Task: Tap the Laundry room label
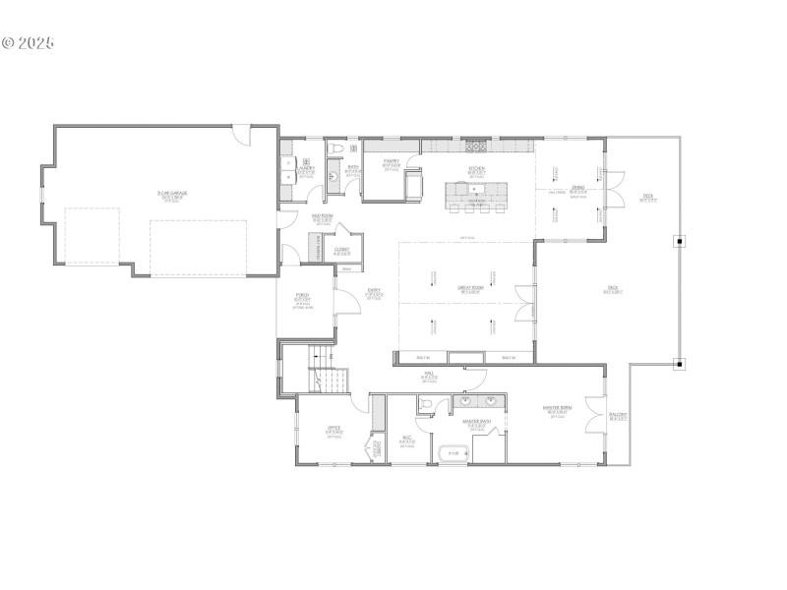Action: pyautogui.click(x=306, y=168)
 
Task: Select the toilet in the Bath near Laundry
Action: pyautogui.click(x=337, y=148)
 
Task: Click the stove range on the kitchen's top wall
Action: pyautogui.click(x=476, y=147)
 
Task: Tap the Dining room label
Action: pyautogui.click(x=577, y=189)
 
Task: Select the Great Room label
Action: pyautogui.click(x=469, y=290)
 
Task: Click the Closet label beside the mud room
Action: pyautogui.click(x=342, y=251)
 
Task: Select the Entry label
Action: pyautogui.click(x=374, y=292)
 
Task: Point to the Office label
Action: pyautogui.click(x=334, y=430)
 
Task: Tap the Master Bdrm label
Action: pyautogui.click(x=558, y=411)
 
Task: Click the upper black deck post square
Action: pyautogui.click(x=679, y=239)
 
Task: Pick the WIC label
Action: pyautogui.click(x=406, y=441)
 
